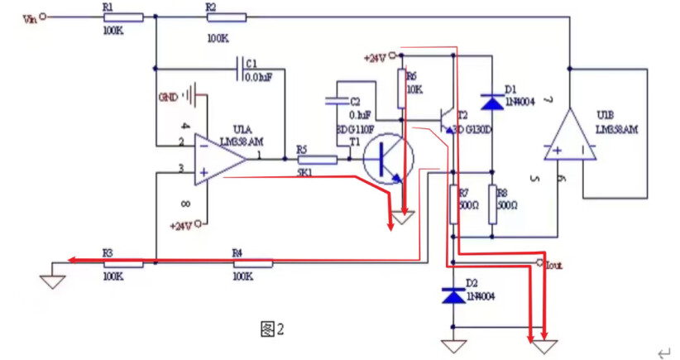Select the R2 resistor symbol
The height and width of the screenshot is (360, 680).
point(227,17)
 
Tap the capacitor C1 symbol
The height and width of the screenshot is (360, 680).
point(240,65)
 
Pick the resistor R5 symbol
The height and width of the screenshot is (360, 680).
point(317,160)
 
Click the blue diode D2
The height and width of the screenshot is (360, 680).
point(453,295)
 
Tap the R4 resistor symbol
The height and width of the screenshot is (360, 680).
point(253,263)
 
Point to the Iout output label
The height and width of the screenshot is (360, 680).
point(552,266)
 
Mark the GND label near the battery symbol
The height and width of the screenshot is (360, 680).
point(168,96)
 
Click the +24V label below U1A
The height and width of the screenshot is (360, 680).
point(181,224)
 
